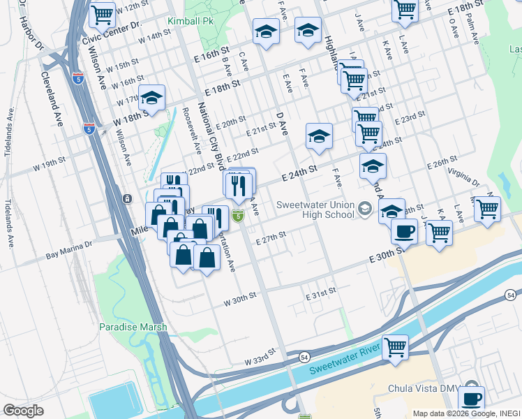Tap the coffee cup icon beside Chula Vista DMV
pyautogui.click(x=471, y=399)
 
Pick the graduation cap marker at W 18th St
pyautogui.click(x=151, y=99)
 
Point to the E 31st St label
pyautogui.click(x=322, y=295)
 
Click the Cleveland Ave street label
pyautogui.click(x=53, y=98)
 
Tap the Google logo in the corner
pyautogui.click(x=24, y=411)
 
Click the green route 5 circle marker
pyautogui.click(x=238, y=218)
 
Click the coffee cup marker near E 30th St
pyautogui.click(x=404, y=230)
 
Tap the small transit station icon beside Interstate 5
pyautogui.click(x=127, y=199)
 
